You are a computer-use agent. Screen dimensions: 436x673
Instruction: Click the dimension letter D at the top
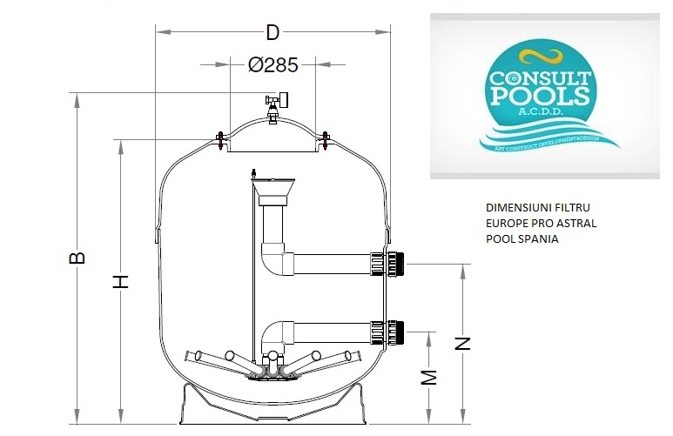(273, 33)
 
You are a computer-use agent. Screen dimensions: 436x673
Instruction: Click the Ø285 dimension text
(273, 65)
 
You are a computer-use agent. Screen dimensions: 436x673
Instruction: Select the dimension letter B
(77, 258)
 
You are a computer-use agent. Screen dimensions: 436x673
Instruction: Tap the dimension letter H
(122, 280)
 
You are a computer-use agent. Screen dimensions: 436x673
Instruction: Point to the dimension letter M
(428, 377)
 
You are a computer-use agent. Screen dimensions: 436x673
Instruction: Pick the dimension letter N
(464, 343)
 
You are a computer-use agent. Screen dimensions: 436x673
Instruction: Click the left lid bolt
(219, 139)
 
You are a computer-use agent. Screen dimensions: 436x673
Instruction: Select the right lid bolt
(326, 139)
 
